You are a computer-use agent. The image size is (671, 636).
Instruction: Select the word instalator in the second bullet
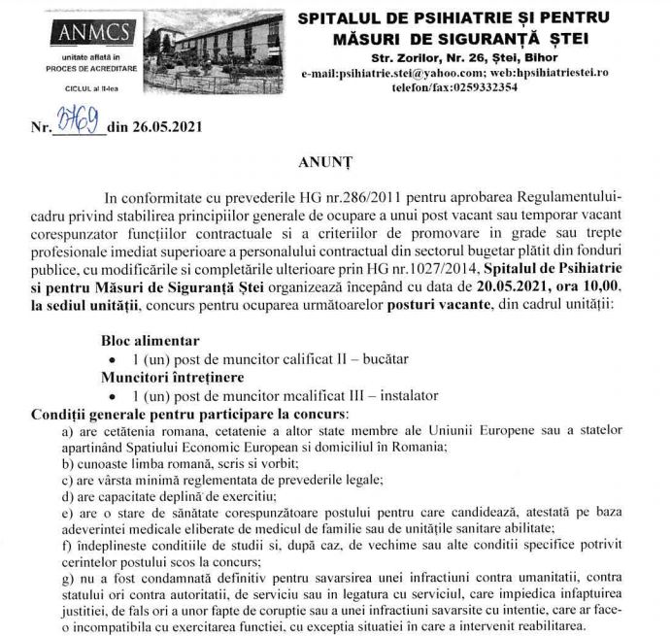[x=405, y=394]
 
